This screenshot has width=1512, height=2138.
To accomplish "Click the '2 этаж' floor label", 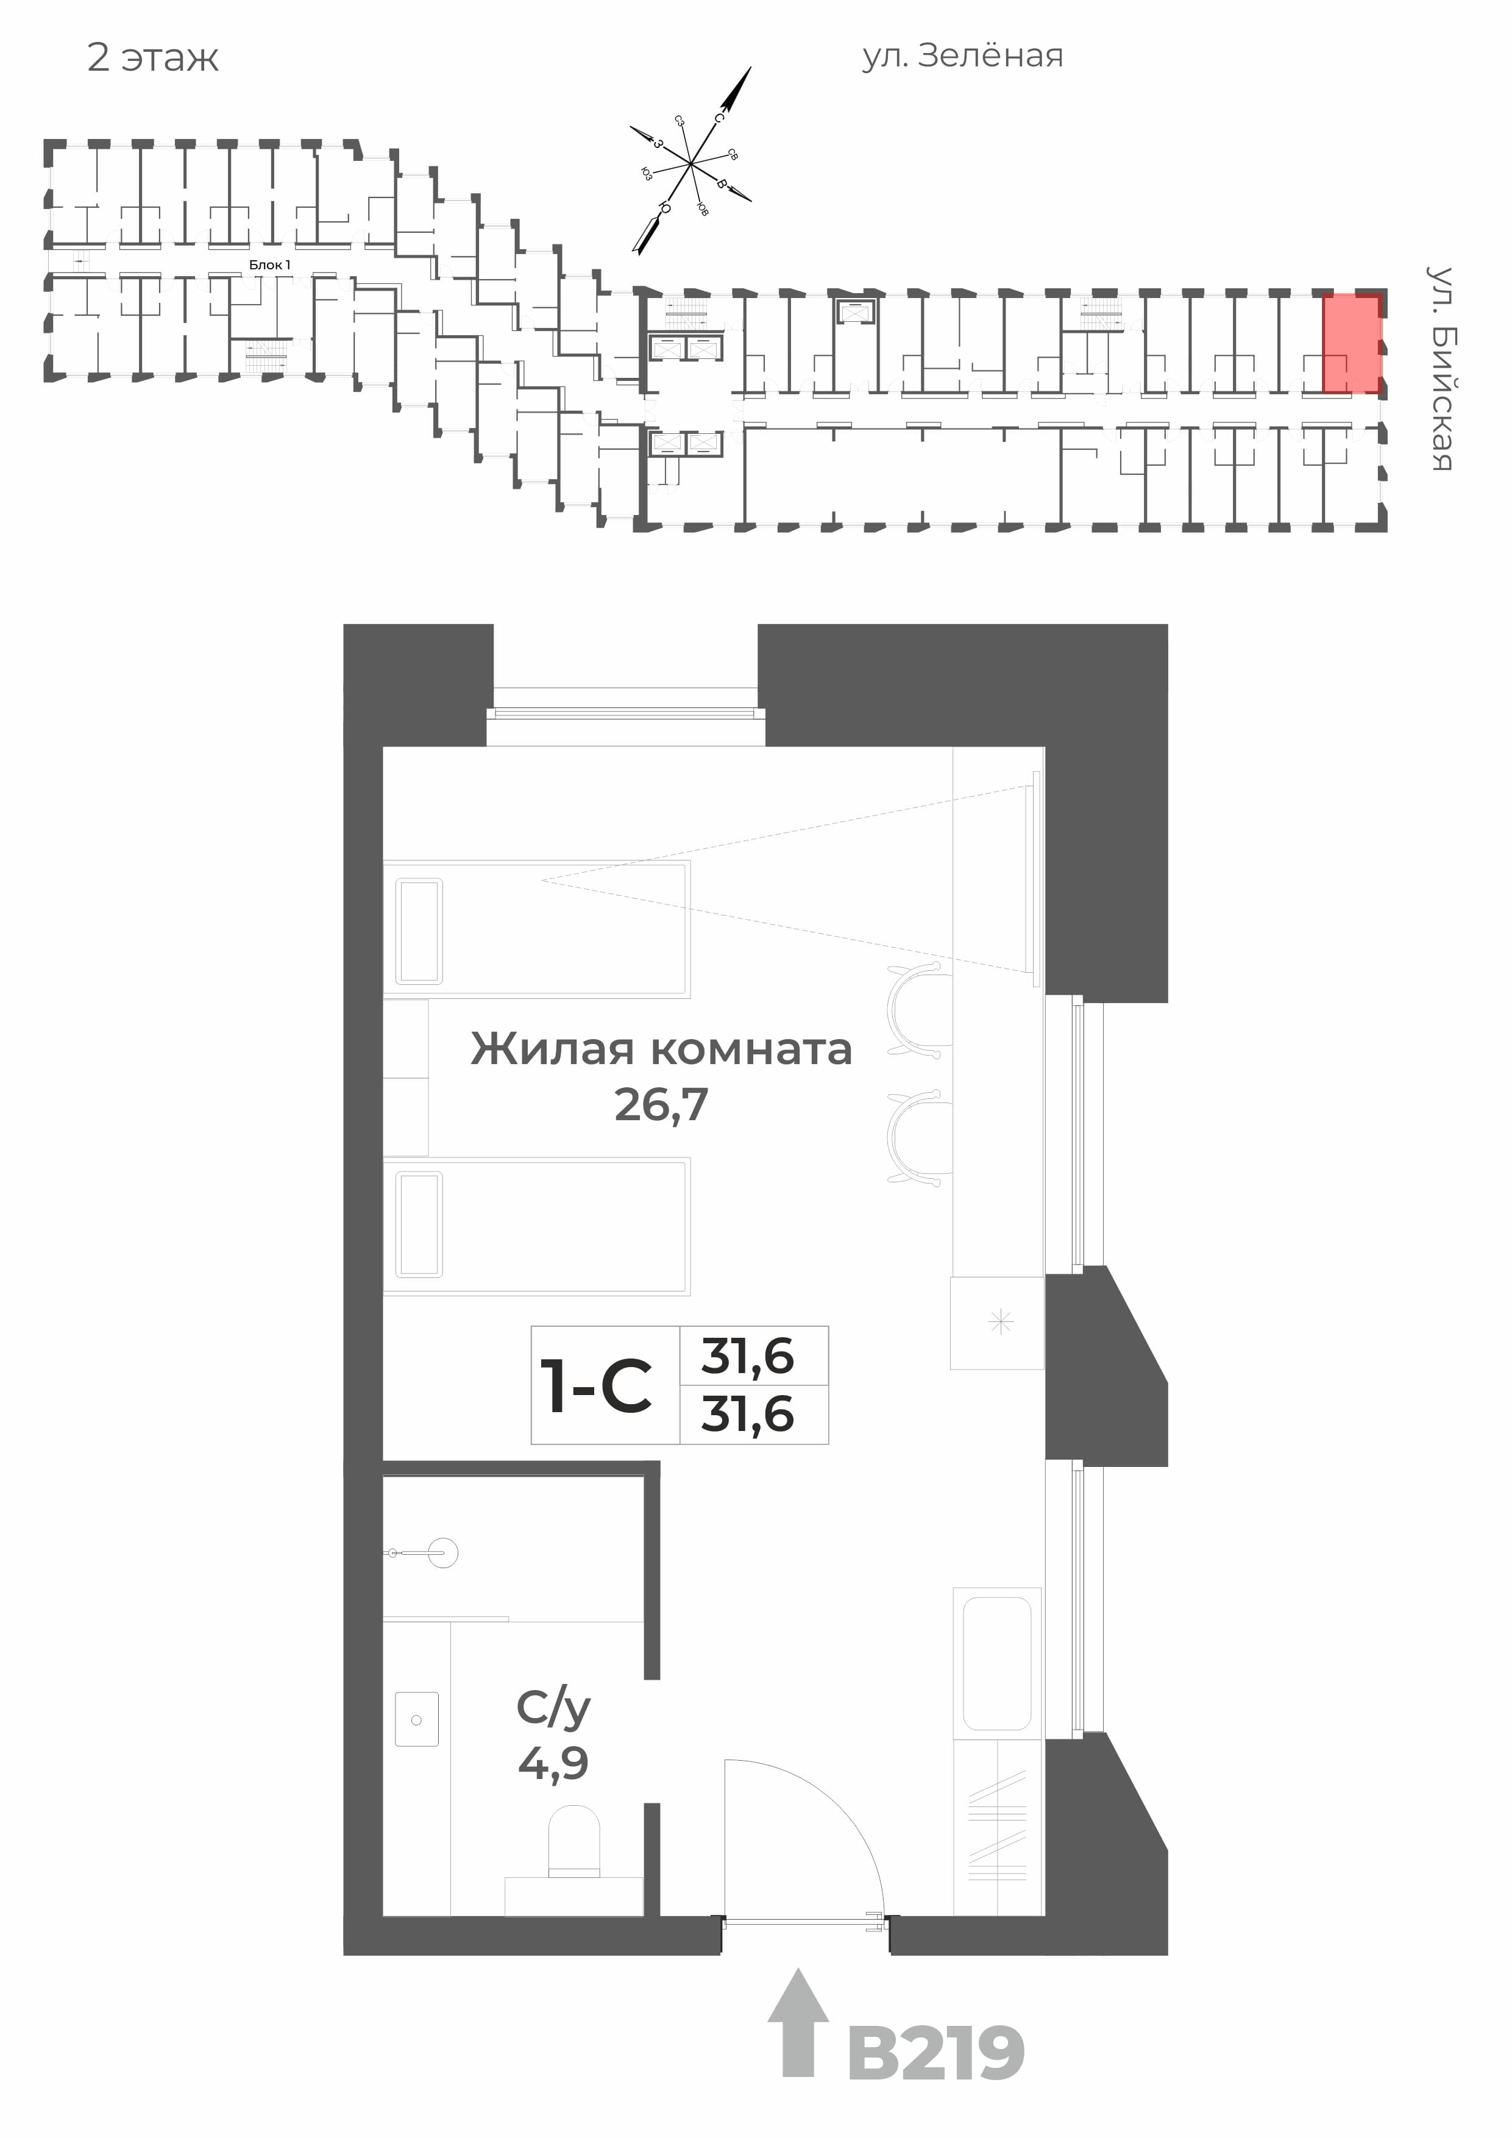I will (x=153, y=59).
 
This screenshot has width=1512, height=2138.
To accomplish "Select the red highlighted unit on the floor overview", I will (x=1352, y=344).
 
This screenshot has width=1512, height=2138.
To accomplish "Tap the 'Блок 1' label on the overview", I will (x=269, y=265).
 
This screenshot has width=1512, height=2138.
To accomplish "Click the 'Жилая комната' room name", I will (x=661, y=1049).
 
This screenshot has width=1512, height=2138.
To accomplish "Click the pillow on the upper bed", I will (x=418, y=930).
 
